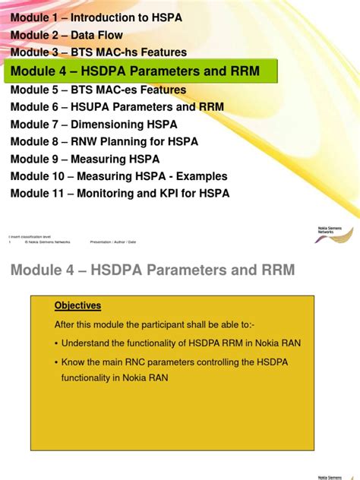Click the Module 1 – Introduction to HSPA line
[x=96, y=17]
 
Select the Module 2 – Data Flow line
[x=67, y=35]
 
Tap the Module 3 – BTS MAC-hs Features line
[x=99, y=52]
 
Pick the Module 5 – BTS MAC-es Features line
[x=99, y=90]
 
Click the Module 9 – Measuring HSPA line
[x=85, y=159]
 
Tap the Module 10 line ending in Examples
[x=119, y=176]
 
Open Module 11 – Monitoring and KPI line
[x=120, y=193]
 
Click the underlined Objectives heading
[x=77, y=306]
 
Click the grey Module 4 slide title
[x=152, y=270]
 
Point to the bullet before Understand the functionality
[x=56, y=343]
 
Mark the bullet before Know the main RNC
[x=56, y=362]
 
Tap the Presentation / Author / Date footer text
[x=113, y=242]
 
